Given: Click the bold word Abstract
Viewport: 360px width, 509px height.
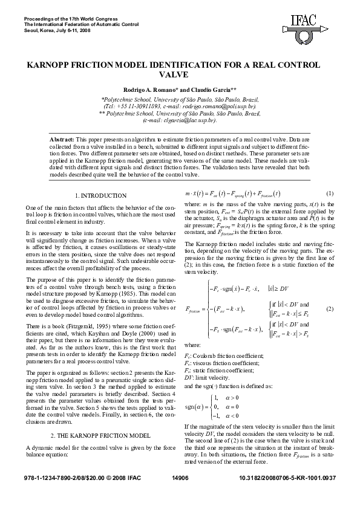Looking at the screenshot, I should coord(62,139).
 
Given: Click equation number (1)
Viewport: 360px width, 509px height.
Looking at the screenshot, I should coord(330,193).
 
